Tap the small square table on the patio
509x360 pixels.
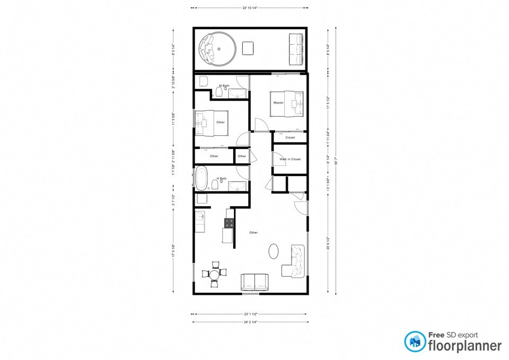[x=248, y=48]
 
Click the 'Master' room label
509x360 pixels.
[x=278, y=102]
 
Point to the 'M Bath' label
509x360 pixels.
[x=224, y=85]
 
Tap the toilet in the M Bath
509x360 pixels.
[x=218, y=93]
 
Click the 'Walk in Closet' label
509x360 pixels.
[x=290, y=159]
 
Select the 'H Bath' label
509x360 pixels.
[x=222, y=179]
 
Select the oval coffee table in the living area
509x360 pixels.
[x=274, y=250]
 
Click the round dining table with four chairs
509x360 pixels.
[x=214, y=274]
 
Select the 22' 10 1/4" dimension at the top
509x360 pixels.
[x=249, y=8]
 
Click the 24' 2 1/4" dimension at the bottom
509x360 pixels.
[x=249, y=322]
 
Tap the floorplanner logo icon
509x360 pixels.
[x=415, y=341]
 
